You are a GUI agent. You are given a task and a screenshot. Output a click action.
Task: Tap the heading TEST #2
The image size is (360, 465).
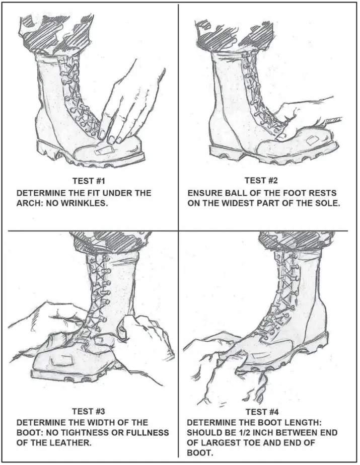[261, 180]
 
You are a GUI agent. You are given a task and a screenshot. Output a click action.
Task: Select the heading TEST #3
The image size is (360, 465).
[89, 412]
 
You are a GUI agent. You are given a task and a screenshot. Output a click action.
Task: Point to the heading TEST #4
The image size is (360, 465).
[262, 412]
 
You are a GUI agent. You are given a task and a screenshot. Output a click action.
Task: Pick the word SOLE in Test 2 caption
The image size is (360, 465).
[328, 204]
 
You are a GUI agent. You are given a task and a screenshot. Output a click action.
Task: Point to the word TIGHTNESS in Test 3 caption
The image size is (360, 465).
[78, 433]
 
